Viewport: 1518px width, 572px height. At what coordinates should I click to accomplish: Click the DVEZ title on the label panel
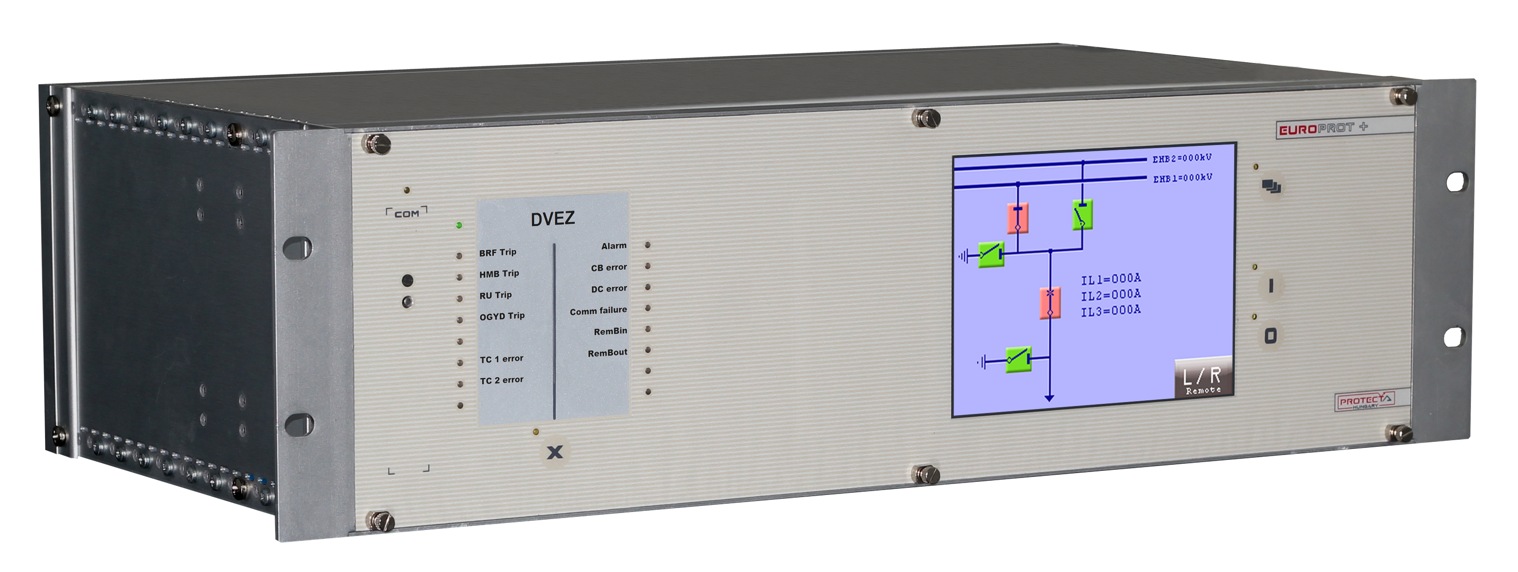(x=552, y=219)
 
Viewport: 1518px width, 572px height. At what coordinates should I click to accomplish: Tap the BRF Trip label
(x=497, y=252)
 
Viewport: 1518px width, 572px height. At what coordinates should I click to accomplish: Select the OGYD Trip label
(x=501, y=316)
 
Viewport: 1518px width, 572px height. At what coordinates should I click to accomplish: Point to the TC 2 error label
(x=501, y=380)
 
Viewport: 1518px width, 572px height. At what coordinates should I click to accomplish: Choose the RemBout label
(x=608, y=353)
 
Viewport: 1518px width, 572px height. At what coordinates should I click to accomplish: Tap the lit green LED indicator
(x=459, y=225)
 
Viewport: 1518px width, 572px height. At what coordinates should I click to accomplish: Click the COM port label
(x=406, y=213)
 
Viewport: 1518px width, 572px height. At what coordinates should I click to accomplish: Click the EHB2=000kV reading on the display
(x=1182, y=159)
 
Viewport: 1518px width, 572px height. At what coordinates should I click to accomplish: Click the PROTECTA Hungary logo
(x=1365, y=401)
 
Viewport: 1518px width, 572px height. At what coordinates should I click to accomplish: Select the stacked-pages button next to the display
(x=1271, y=187)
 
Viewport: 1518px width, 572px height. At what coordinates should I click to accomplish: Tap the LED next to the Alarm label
(x=647, y=245)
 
